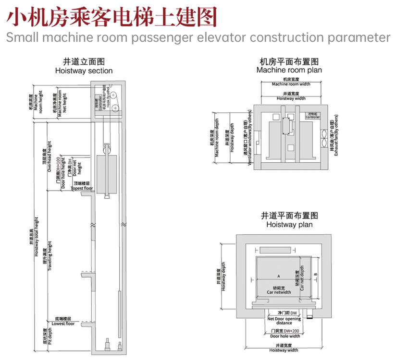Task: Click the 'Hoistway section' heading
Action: pos(84,71)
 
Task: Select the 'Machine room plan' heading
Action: pos(289,70)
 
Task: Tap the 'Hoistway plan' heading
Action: pos(289,224)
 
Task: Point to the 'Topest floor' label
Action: pos(82,189)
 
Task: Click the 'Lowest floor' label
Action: pos(63,324)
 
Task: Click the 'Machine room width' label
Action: pos(291,84)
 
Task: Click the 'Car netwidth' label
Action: pos(279,292)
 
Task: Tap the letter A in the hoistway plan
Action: pos(278,276)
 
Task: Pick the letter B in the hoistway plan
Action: pos(315,274)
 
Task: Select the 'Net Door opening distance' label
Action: pos(284,321)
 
